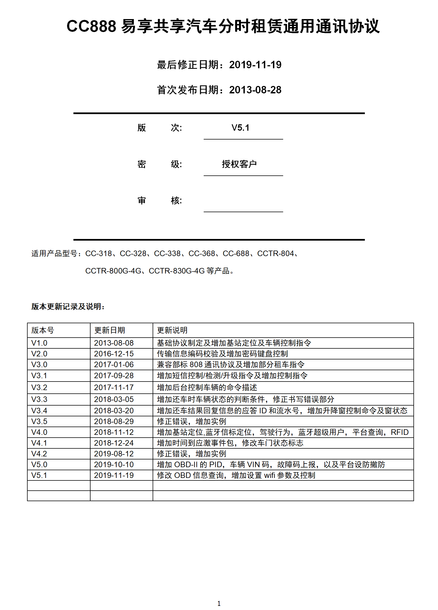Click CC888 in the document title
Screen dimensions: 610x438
click(x=91, y=27)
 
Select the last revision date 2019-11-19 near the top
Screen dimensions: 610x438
click(x=255, y=65)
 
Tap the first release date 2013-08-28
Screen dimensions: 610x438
click(x=255, y=90)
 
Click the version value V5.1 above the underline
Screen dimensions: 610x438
click(x=240, y=128)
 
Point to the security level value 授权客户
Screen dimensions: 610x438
click(x=239, y=164)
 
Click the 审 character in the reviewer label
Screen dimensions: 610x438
click(x=142, y=201)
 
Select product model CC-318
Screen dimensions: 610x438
click(x=99, y=254)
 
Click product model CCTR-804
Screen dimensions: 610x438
click(x=275, y=254)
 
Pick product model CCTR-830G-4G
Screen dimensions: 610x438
click(x=177, y=271)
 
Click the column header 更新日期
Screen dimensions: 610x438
click(x=110, y=330)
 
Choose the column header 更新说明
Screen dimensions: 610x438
click(x=172, y=330)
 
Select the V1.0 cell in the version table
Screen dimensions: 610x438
click(x=39, y=343)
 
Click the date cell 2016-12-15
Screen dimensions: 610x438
click(x=114, y=354)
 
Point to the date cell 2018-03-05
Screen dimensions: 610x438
click(x=114, y=399)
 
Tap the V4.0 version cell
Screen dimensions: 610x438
click(x=39, y=432)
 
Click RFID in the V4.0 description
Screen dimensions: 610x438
click(x=399, y=432)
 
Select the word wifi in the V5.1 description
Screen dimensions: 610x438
click(x=270, y=475)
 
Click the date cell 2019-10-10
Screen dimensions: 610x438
click(x=114, y=465)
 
